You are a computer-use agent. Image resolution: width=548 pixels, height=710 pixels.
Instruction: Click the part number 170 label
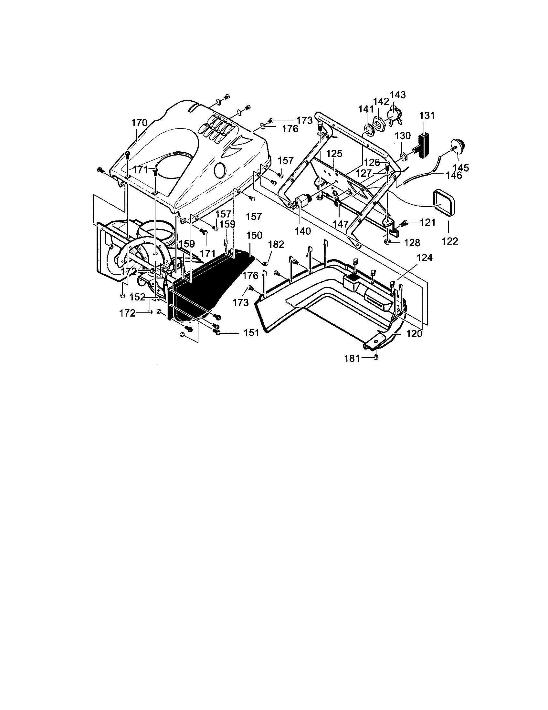(139, 123)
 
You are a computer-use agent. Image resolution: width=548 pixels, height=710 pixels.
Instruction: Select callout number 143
(398, 95)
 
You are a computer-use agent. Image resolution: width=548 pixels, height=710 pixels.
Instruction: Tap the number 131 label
(427, 116)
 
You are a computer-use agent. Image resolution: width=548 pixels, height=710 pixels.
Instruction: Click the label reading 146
(454, 176)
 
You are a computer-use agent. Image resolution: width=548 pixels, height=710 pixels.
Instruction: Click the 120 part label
(414, 334)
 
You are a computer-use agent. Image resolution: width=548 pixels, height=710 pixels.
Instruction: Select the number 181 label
(352, 359)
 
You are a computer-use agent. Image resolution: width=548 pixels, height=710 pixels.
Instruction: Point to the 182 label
(276, 245)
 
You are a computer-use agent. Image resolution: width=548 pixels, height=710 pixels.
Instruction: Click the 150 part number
(255, 236)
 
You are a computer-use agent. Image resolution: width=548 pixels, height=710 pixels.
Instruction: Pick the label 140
(303, 231)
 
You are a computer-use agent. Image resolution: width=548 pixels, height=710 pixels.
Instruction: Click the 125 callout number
(334, 154)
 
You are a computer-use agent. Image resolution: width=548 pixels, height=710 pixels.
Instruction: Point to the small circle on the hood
(219, 170)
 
